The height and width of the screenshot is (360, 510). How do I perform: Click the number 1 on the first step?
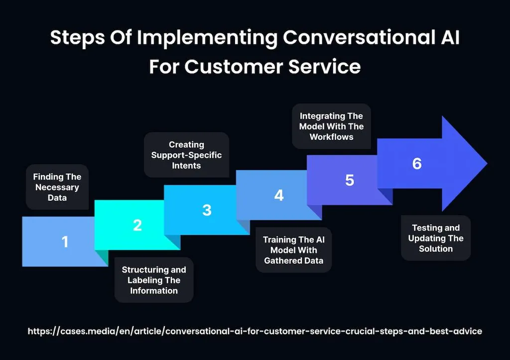65,242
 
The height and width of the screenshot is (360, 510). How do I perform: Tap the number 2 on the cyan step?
137,226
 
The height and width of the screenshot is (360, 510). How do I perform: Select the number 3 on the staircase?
207,210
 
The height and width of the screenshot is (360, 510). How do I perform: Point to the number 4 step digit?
279,195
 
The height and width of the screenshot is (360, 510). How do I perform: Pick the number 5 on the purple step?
350,180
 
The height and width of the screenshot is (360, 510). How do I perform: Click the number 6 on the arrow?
417,164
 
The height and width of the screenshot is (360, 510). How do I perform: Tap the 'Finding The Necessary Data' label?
57,187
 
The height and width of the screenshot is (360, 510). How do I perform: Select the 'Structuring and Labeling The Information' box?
154,280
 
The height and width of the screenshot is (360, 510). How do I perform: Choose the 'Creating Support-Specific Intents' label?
186,155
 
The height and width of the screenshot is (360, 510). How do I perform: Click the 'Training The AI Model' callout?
293,250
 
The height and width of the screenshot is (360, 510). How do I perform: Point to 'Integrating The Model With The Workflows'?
331,126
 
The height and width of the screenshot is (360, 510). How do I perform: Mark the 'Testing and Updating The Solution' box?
436,238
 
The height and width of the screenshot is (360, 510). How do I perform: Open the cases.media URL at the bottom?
255,331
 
